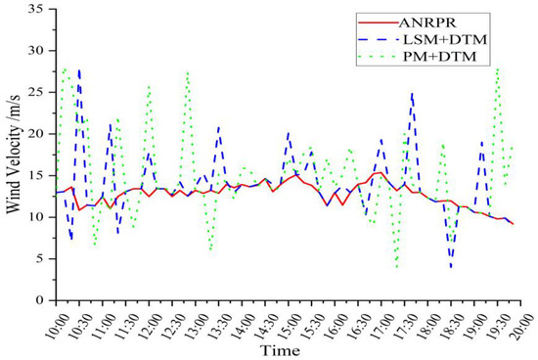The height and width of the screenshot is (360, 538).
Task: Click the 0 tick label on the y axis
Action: (41, 300)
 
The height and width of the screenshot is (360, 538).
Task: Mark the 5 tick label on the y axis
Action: (41, 258)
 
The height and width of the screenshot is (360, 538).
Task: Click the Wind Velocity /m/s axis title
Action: (14, 155)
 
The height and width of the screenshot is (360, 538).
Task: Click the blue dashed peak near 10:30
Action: (79, 68)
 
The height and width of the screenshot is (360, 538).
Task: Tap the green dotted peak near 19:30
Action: (498, 67)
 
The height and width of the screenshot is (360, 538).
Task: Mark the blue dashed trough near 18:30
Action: (451, 267)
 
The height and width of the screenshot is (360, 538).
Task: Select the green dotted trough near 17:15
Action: (397, 267)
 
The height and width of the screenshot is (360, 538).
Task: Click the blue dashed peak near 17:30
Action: (413, 94)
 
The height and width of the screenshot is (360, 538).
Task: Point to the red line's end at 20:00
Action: (514, 224)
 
